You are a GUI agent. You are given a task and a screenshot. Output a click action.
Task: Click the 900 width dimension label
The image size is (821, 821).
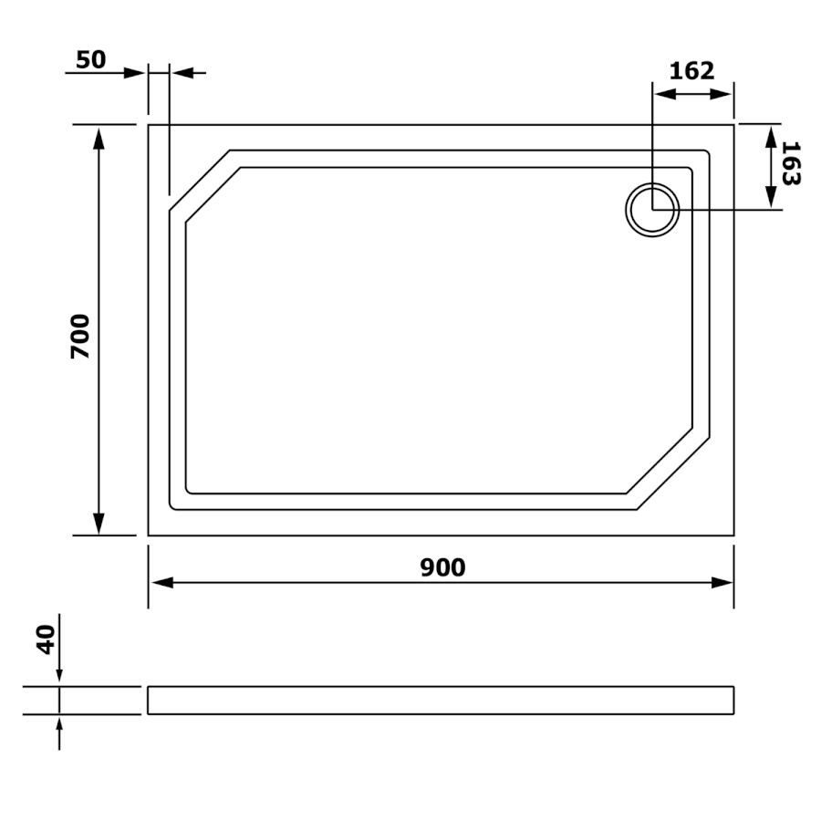pos(442,567)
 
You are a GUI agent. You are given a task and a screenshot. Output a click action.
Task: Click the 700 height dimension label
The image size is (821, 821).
pos(80,336)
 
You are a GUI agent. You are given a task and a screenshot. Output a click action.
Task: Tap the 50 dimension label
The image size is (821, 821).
pos(91,59)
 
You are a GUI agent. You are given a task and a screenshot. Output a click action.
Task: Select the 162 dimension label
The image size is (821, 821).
pos(691,70)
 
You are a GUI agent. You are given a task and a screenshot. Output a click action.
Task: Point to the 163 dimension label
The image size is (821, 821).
pos(791,163)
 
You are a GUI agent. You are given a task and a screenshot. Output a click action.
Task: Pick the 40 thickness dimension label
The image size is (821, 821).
pos(46,639)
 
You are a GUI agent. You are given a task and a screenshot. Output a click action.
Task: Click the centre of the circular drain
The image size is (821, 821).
pos(652,210)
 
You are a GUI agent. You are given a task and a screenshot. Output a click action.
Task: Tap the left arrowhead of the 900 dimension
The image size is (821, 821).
pos(162,582)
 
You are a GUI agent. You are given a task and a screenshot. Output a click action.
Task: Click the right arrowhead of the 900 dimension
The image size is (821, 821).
pos(722,582)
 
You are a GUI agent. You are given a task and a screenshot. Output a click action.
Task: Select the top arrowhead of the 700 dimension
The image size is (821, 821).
pos(99,139)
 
